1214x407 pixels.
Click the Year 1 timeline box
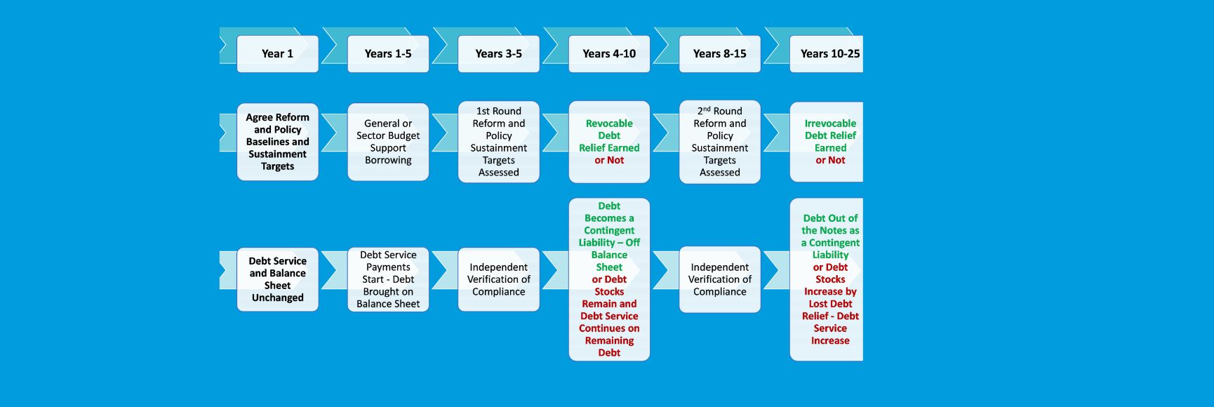coord(277,54)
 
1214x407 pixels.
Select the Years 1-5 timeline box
coord(388,54)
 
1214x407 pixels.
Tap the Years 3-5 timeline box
coord(498,54)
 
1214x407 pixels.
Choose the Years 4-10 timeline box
coord(609,54)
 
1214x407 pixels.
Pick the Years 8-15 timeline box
coord(719,54)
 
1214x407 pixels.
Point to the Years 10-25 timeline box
coord(827,54)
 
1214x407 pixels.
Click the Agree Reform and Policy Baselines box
coord(277,142)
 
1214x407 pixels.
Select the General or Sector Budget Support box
coord(388,142)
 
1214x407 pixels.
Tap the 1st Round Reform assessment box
coord(498,142)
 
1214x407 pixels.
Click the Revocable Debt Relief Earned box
coord(609,142)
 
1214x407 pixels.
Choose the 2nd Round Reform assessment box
coord(719,142)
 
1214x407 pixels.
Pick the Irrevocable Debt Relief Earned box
coord(827,142)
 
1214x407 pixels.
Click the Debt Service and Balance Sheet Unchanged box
coord(277,279)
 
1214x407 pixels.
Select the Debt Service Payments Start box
coord(388,279)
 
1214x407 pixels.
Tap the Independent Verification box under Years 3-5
coord(498,279)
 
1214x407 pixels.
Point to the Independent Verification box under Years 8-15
coord(719,279)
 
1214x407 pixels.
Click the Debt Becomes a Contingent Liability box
coord(609,279)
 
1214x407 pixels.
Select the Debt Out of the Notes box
coord(827,279)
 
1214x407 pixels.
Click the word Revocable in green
coord(609,124)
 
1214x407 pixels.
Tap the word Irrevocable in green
coord(830,124)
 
